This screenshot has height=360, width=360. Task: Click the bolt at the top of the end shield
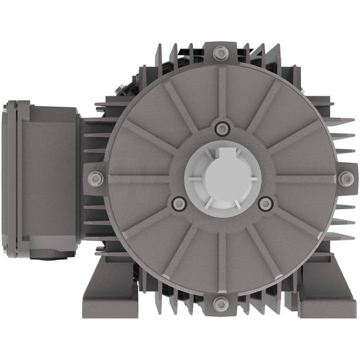coord(221,53)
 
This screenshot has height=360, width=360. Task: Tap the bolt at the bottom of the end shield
coord(221,304)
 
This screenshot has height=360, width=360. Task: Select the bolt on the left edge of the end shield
coord(95,179)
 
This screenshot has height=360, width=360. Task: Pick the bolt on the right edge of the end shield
coord(346,179)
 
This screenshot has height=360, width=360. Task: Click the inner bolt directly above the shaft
coord(222,129)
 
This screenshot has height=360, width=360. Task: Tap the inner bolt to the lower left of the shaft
coord(179,203)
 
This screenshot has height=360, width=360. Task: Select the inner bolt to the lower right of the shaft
coord(265,203)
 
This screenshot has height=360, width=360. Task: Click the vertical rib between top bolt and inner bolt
coord(222,93)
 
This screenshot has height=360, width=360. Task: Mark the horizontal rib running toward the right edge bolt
coord(304,179)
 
